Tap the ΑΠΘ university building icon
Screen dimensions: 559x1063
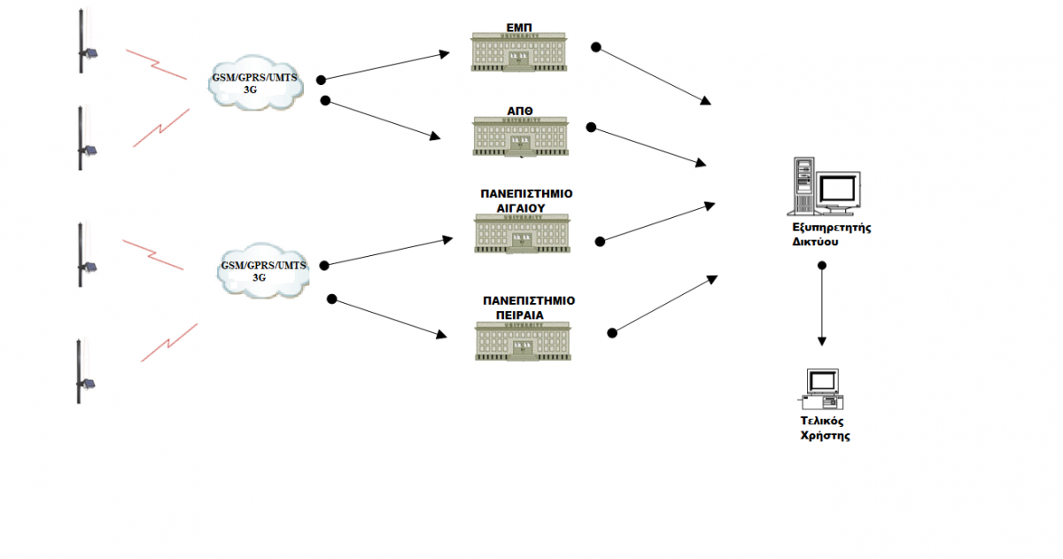click(521, 136)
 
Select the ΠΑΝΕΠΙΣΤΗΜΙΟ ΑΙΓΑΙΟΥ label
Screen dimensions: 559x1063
click(526, 200)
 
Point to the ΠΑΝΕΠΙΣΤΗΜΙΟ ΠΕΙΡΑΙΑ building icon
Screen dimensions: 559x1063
click(523, 340)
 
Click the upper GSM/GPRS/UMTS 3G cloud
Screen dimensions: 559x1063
click(255, 84)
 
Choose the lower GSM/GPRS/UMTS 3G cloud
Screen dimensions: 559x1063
click(264, 271)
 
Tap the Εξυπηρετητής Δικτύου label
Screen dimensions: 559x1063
click(832, 234)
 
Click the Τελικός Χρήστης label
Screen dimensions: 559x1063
click(821, 429)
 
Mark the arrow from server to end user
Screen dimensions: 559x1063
click(822, 306)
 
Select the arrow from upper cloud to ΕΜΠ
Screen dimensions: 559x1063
click(386, 66)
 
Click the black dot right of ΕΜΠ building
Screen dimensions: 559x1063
click(596, 47)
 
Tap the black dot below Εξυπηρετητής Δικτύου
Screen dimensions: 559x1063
click(822, 266)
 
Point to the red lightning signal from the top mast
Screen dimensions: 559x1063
click(156, 64)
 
